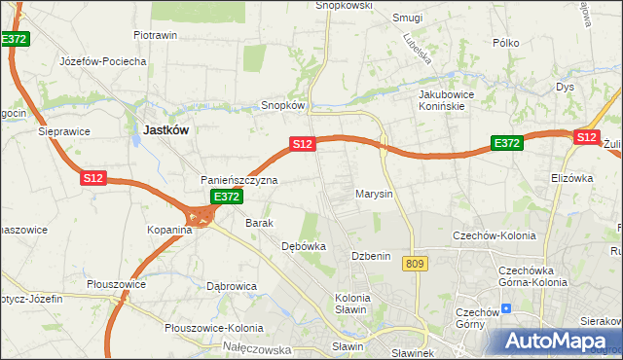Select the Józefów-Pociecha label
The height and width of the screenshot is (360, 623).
coord(102,60)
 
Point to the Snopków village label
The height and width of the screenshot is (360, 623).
coord(284,105)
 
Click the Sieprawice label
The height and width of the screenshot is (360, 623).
coord(64,129)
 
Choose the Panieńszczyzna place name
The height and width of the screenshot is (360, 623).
coord(239,180)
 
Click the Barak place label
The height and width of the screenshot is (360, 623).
coord(259,223)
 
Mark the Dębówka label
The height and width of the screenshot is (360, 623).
coord(303,246)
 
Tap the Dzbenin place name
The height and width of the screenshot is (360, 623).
coord(371,256)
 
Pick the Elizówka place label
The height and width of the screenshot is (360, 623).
coord(571,178)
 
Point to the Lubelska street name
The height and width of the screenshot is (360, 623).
coord(417,48)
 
